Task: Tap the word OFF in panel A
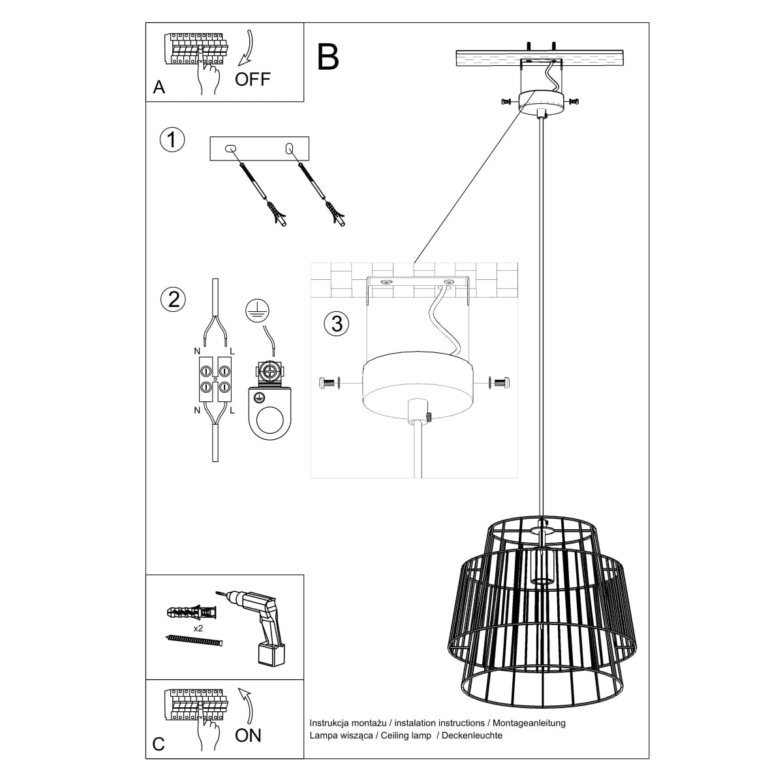pos(253,80)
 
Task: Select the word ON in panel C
pos(248,735)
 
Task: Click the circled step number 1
pos(172,140)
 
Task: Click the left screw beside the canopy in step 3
pos(330,384)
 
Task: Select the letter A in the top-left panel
pos(159,88)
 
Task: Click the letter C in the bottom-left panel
pos(158,745)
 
